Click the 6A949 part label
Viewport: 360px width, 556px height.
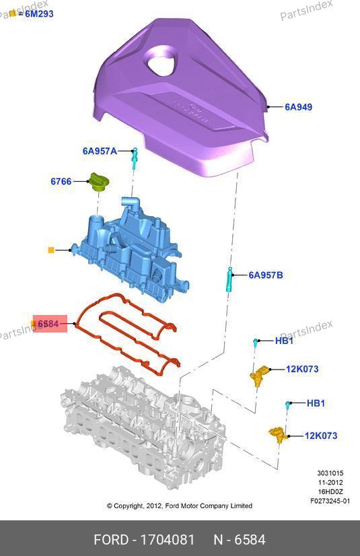(x=298, y=107)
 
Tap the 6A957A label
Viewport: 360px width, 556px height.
(x=100, y=151)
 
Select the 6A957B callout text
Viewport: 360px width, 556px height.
(x=265, y=275)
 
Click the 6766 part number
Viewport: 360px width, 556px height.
(x=61, y=181)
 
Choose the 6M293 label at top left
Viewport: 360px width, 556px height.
(x=39, y=14)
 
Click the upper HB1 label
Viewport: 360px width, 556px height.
(x=284, y=341)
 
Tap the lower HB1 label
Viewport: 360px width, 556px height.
(x=316, y=403)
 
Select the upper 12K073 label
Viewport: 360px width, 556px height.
(x=302, y=369)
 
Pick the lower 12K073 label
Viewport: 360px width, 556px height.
(x=321, y=436)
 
